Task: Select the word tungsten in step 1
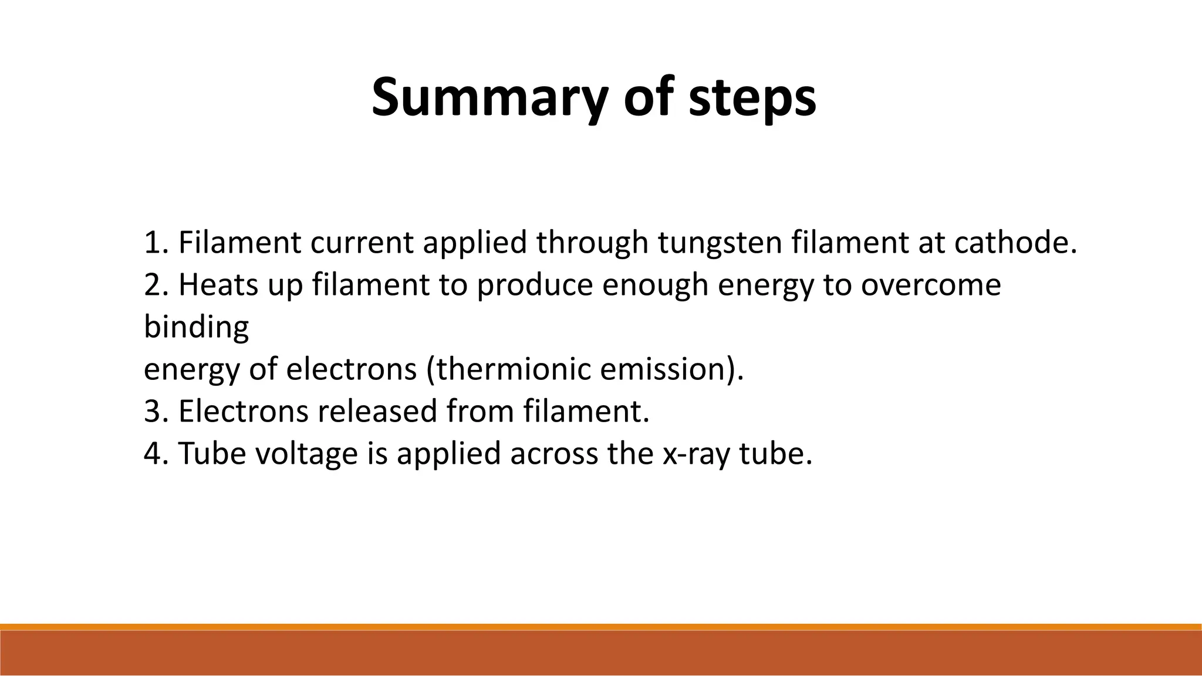(x=720, y=243)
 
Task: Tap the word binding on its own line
(x=196, y=327)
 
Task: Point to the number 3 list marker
(x=152, y=411)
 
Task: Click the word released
(x=377, y=411)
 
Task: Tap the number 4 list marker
(x=152, y=454)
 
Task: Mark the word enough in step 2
(x=655, y=286)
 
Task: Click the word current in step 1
(x=362, y=243)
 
